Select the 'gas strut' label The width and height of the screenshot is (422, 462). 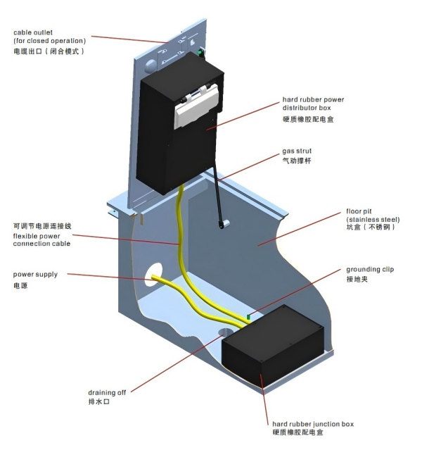pos(297,151)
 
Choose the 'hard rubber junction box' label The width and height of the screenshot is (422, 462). pos(312,424)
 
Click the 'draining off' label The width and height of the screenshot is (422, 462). pos(107,392)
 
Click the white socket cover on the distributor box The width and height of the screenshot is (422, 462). pos(197,105)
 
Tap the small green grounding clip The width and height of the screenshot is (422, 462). pos(248,317)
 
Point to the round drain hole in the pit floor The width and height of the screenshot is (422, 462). pos(226,330)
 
